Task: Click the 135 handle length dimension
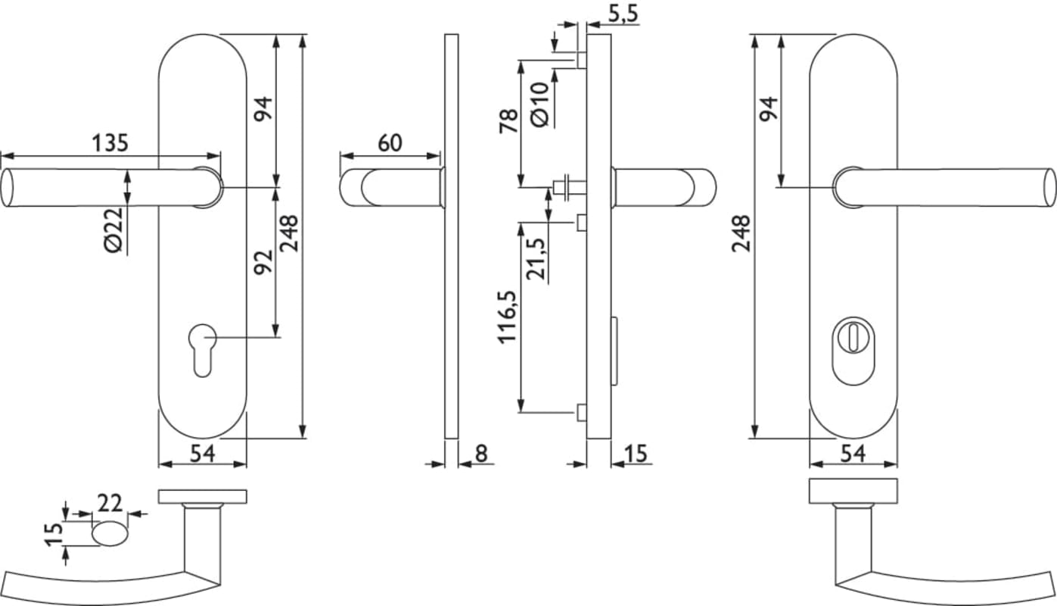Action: point(110,143)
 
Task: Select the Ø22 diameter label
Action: point(113,230)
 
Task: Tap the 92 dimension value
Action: point(263,261)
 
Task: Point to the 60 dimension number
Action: point(390,143)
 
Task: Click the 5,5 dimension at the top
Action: point(623,14)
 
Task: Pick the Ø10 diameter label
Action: point(539,105)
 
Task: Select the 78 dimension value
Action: point(508,121)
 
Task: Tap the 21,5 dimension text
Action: point(536,259)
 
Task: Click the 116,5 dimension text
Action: point(507,317)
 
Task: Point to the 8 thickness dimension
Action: point(480,454)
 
